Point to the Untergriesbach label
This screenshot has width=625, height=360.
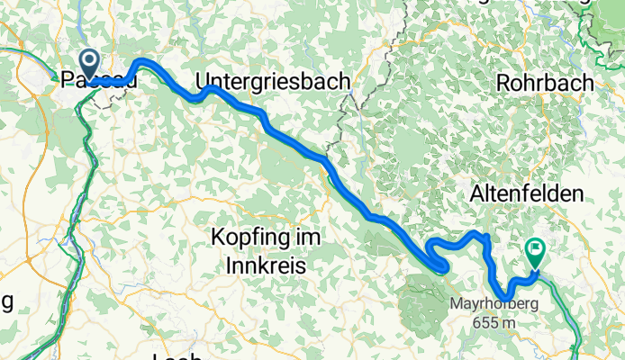(x=272, y=81)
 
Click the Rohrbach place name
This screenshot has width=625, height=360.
(x=545, y=82)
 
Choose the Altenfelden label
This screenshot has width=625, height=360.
(x=526, y=193)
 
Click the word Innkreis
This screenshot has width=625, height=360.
(x=267, y=266)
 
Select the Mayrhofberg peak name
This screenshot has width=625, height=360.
(x=494, y=303)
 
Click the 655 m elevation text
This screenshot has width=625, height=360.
(x=494, y=319)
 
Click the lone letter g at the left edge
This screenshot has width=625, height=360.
(x=7, y=300)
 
